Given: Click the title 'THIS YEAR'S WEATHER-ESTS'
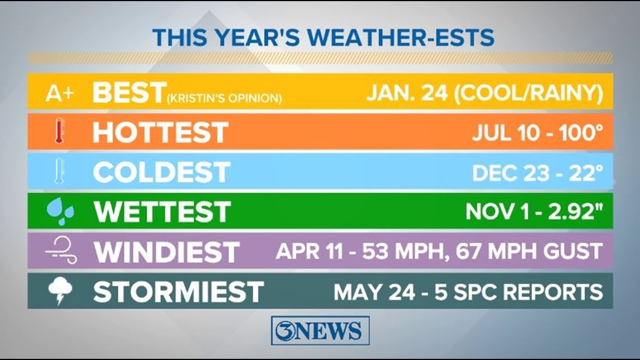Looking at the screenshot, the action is (x=323, y=38).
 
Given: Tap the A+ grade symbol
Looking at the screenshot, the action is (x=60, y=93).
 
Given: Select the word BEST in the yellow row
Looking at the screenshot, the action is (x=129, y=92).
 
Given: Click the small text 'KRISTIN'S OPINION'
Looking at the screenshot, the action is (x=224, y=98).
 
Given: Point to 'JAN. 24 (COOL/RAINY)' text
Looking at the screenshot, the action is (x=485, y=93).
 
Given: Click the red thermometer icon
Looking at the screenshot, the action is (x=60, y=131).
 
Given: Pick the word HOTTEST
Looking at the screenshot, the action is (x=160, y=132).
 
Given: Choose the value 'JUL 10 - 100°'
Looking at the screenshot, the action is (x=538, y=133).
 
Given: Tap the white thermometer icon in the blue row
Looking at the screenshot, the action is (x=60, y=171).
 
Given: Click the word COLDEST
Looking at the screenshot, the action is (x=162, y=172).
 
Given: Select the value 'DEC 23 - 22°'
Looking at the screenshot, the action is (x=538, y=173).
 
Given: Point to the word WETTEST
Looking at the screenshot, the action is (x=162, y=212).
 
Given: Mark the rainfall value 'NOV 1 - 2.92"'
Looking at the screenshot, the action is (x=534, y=211).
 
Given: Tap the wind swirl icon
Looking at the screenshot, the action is (x=61, y=250).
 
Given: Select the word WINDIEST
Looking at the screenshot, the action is (x=167, y=252).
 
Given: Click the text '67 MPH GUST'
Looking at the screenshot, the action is (x=529, y=250).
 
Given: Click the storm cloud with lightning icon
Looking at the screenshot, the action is (x=61, y=290).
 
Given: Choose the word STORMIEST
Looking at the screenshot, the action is (x=179, y=291).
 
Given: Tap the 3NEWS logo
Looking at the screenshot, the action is (x=321, y=330).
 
